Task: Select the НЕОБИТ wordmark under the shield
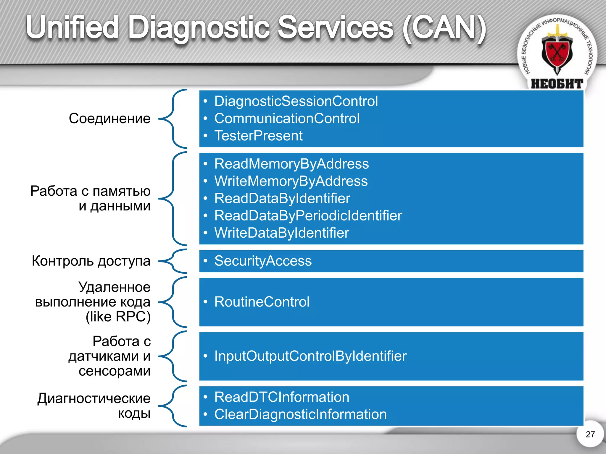(x=557, y=84)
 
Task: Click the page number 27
(x=590, y=434)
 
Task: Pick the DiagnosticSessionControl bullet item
(x=296, y=101)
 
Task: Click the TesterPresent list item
(x=258, y=136)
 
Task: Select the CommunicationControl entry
(x=287, y=119)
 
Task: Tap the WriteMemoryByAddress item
(x=291, y=181)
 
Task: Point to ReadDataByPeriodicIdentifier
(x=308, y=215)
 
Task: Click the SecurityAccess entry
(x=263, y=261)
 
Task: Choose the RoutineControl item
(x=262, y=302)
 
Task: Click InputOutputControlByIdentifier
(x=310, y=356)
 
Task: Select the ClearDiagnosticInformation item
(x=300, y=414)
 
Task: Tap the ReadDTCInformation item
(x=282, y=397)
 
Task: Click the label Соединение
(x=109, y=119)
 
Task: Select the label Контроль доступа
(x=91, y=261)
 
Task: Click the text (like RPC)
(x=118, y=317)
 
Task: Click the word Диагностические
(x=94, y=398)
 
